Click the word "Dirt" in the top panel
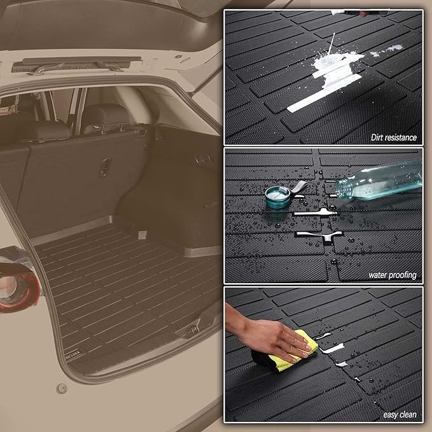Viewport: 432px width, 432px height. coord(379,137)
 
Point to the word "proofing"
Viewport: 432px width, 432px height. coord(403,275)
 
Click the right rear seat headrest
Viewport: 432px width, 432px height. coord(115,116)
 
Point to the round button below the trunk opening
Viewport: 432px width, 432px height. coord(62,388)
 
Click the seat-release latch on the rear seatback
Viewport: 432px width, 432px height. coord(103,171)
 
